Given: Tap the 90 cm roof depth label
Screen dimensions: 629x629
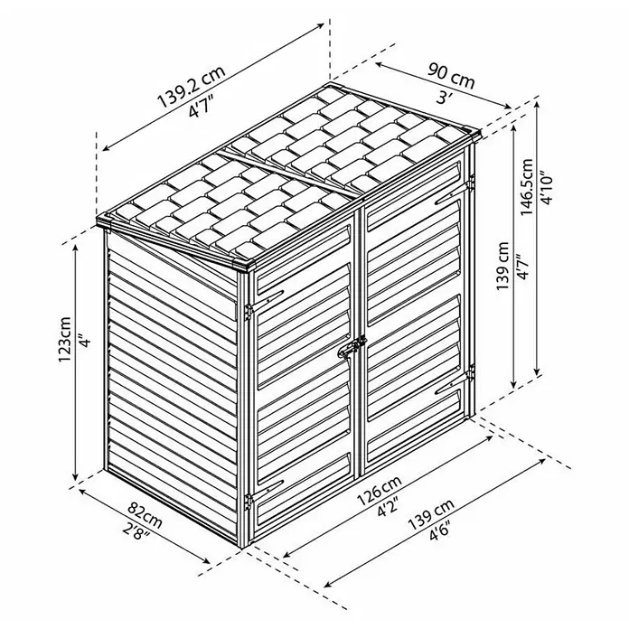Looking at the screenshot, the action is click(451, 76).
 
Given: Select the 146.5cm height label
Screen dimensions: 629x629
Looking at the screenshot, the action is click(527, 187).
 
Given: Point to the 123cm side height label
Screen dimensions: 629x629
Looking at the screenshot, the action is click(64, 340).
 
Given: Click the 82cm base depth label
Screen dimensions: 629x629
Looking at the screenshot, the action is click(146, 514).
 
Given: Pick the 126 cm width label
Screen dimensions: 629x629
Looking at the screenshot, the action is click(379, 490).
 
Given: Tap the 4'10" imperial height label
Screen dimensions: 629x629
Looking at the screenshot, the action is click(547, 189).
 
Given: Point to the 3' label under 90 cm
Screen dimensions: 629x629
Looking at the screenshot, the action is click(443, 98).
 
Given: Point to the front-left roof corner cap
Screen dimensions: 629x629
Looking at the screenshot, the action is click(106, 221).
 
